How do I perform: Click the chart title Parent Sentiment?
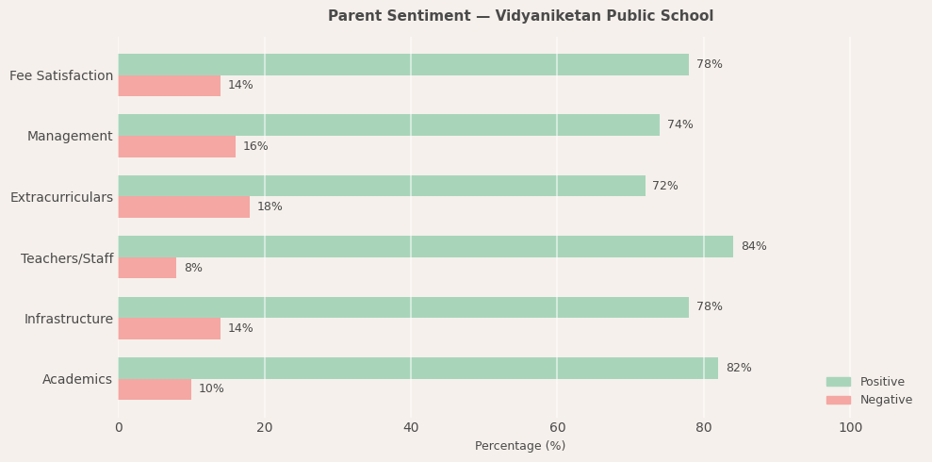520,16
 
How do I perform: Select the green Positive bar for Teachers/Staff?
425,247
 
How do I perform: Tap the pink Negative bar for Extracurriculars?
184,207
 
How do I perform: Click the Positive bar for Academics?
417,369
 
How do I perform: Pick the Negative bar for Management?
176,147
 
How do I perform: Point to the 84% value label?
753,247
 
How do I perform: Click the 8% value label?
192,269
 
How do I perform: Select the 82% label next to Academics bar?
738,369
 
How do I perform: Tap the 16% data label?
255,147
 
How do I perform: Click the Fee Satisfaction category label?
61,76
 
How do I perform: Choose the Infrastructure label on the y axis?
68,320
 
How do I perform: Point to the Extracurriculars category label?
61,198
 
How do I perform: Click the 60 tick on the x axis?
557,428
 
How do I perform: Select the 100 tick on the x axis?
850,428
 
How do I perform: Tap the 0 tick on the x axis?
119,428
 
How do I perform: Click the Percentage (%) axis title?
520,446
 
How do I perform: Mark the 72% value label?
664,187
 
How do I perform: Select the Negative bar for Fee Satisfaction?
170,86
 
